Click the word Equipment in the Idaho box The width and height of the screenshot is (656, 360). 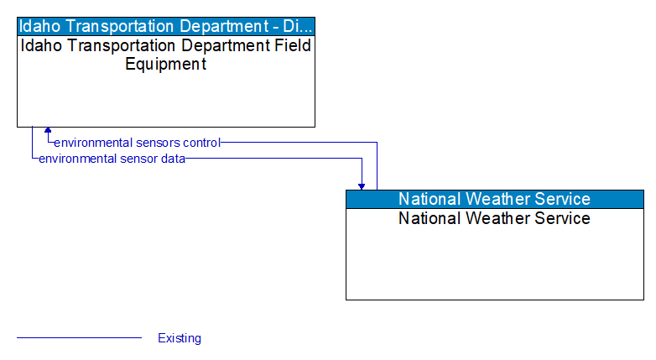pyautogui.click(x=165, y=65)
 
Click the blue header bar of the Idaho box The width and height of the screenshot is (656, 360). pyautogui.click(x=166, y=25)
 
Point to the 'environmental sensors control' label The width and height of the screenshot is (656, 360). pyautogui.click(x=137, y=143)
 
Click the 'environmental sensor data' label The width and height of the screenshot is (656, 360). pyautogui.click(x=112, y=158)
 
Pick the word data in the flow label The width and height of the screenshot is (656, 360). pyautogui.click(x=173, y=158)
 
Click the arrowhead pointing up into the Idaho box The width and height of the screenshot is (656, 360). pyautogui.click(x=48, y=131)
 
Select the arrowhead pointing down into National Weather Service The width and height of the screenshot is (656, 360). pyautogui.click(x=362, y=185)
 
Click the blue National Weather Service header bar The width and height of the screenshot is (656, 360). pyautogui.click(x=494, y=199)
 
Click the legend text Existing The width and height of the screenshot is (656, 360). pyautogui.click(x=180, y=338)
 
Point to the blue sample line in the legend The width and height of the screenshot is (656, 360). pyautogui.click(x=79, y=338)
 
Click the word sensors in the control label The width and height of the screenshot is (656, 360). pyautogui.click(x=152, y=143)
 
